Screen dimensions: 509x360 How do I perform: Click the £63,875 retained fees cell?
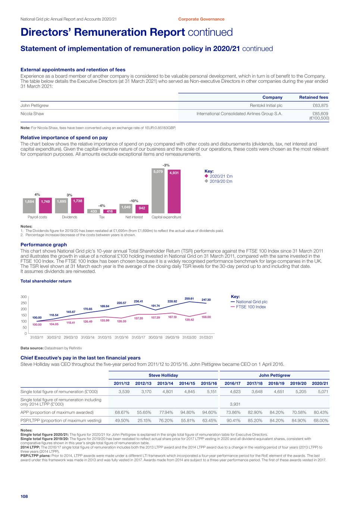click(x=319, y=106)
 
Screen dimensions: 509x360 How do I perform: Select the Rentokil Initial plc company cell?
click(x=266, y=106)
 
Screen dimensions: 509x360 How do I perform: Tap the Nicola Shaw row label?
click(x=32, y=114)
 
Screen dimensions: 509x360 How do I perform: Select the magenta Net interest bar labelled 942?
click(x=142, y=208)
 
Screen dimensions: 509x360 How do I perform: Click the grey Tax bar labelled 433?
click(x=94, y=211)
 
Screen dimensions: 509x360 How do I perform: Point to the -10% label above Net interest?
click(x=134, y=201)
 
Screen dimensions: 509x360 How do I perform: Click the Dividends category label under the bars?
click(x=69, y=217)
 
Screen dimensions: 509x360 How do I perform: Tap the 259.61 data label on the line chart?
click(x=190, y=298)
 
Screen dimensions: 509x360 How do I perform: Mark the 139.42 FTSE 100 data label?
click(x=189, y=320)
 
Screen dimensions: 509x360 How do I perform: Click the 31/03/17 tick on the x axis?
click(x=138, y=337)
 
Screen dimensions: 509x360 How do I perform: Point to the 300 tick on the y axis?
click(x=23, y=296)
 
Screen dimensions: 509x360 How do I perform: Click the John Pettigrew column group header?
click(x=274, y=375)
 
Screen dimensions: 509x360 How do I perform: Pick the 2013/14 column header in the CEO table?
click(x=165, y=383)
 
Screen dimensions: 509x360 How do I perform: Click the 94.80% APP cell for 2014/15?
click(x=187, y=412)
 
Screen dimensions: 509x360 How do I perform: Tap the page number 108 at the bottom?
click(x=24, y=496)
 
